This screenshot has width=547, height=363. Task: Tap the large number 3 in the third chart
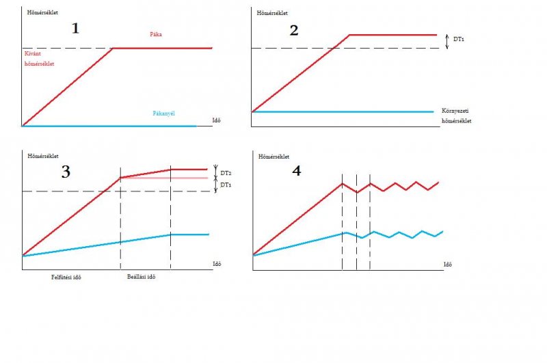66,172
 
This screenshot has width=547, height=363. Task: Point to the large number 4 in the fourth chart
296,170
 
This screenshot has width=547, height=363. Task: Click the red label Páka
157,33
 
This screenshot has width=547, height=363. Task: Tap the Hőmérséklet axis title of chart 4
272,156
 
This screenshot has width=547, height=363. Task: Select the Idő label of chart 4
448,264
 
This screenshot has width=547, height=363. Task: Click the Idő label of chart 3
215,263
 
